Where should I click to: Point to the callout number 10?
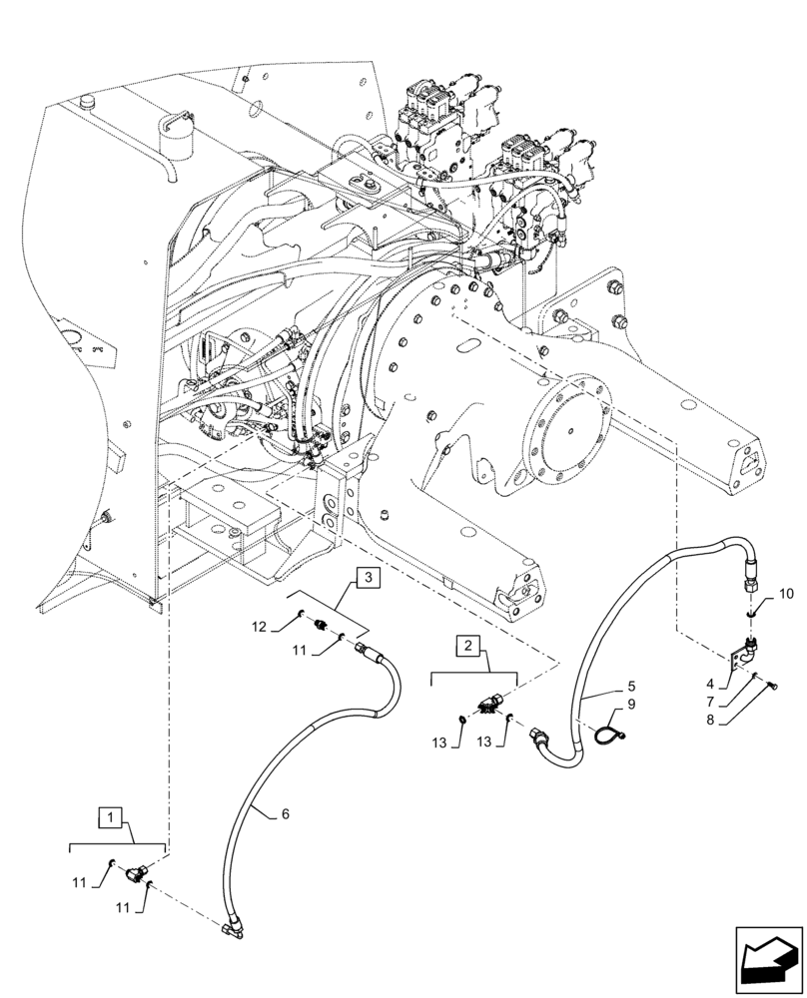[786, 594]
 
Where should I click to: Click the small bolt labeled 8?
[774, 684]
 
